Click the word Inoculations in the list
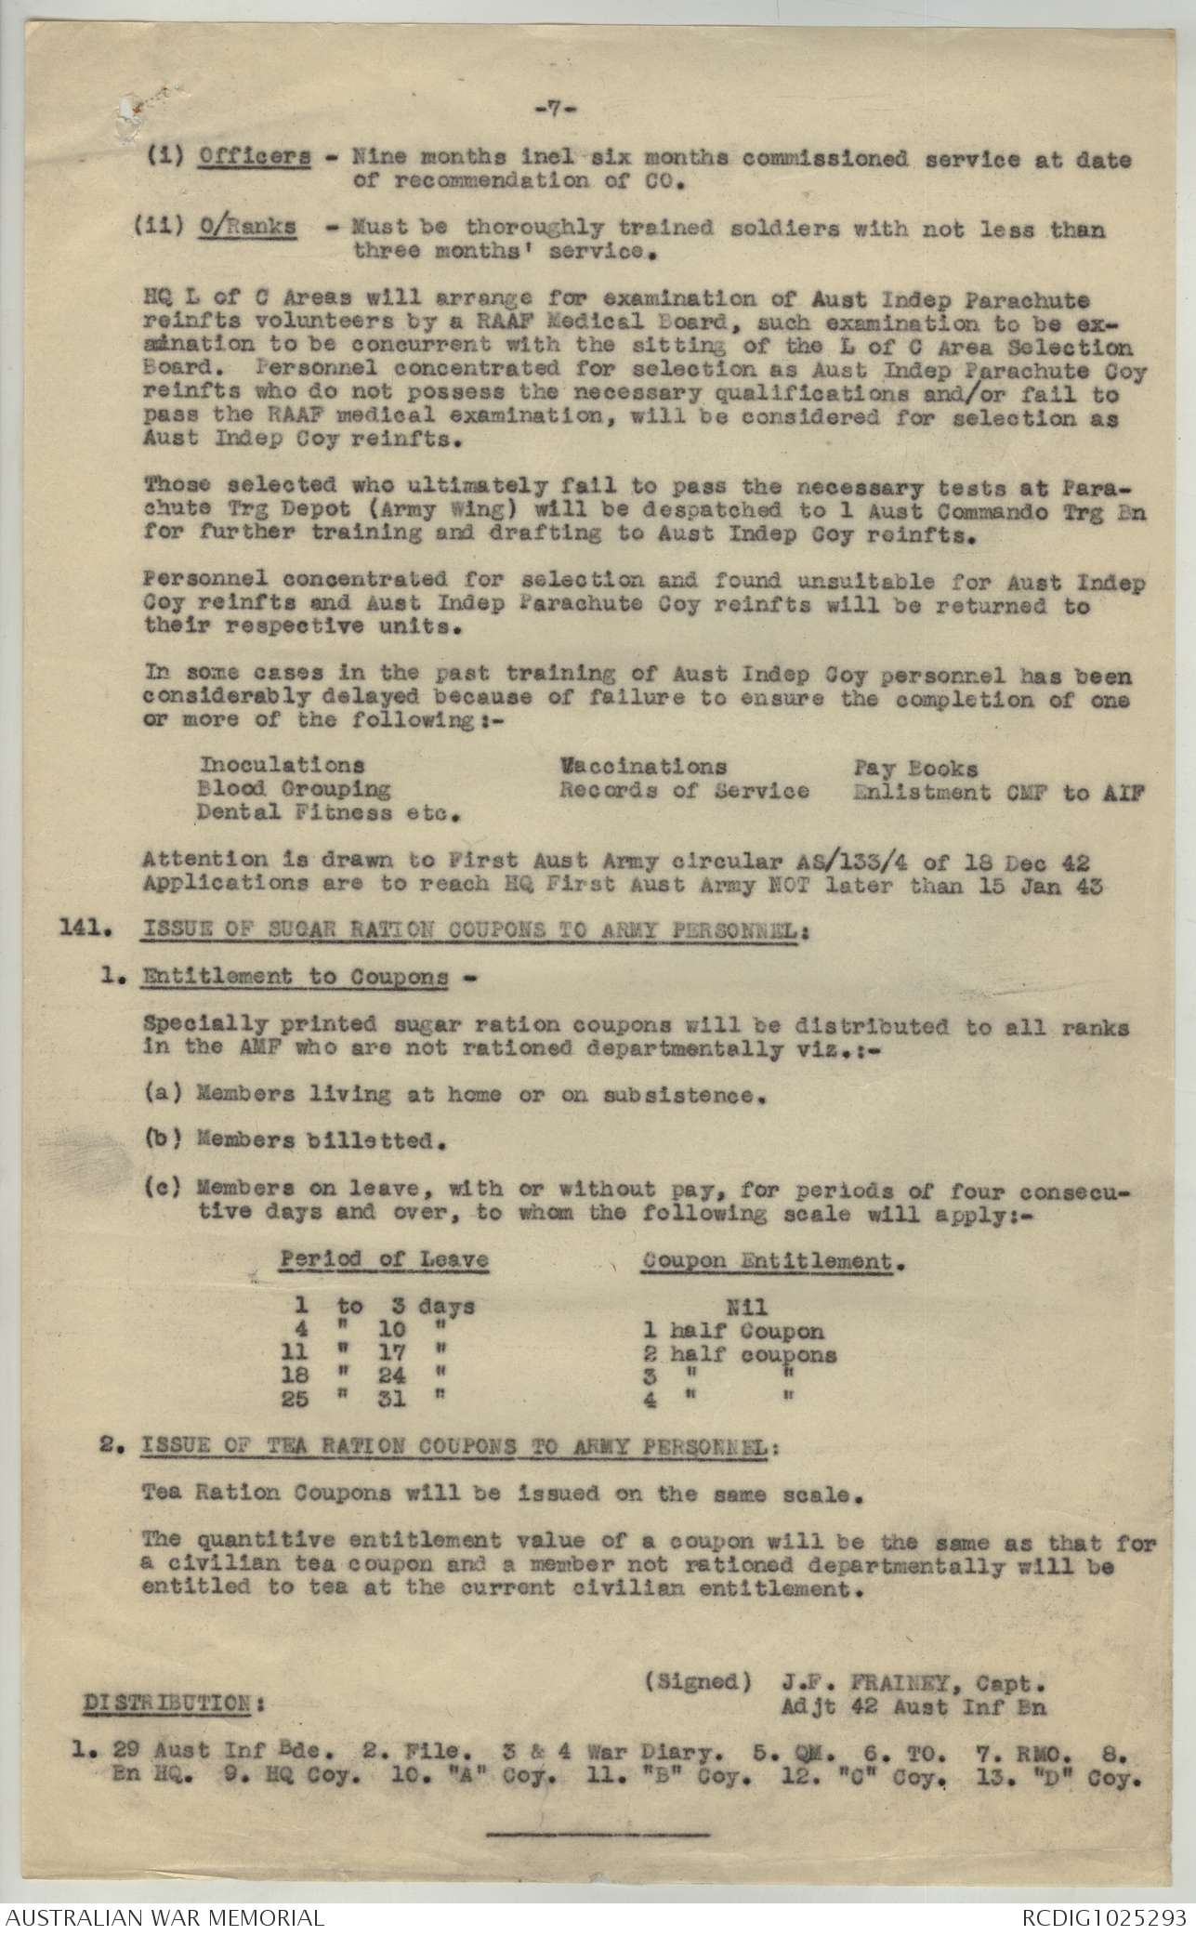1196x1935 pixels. pos(282,766)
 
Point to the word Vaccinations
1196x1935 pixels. pos(642,767)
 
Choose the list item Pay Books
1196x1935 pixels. pos(915,768)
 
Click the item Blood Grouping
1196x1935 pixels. pos(295,790)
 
